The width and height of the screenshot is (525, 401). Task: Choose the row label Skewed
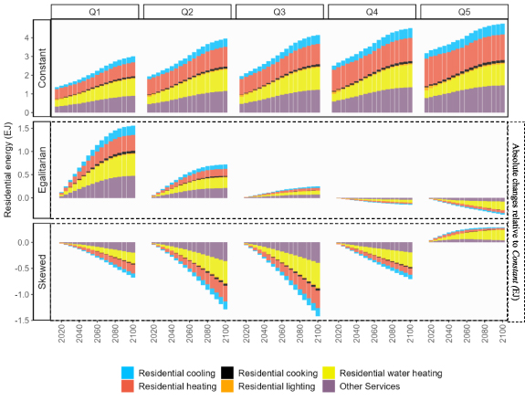tap(42, 271)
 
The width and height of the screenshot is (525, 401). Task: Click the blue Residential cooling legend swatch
tap(127, 372)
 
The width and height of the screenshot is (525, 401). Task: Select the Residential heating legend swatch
tap(127, 386)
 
